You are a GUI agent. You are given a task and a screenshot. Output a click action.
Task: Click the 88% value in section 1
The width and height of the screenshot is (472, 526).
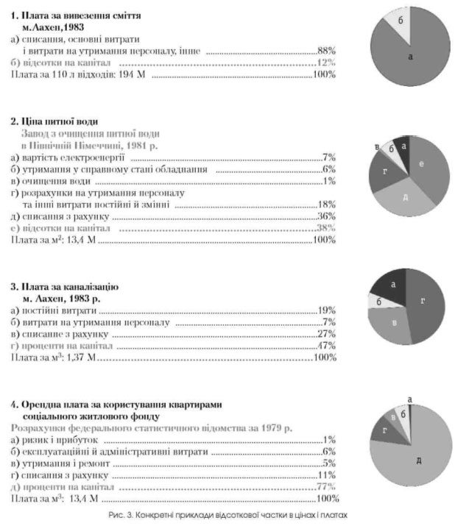326,52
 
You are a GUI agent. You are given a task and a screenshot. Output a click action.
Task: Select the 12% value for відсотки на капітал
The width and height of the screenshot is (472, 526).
327,64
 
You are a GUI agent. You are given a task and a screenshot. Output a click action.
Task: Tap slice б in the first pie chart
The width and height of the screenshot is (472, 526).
401,21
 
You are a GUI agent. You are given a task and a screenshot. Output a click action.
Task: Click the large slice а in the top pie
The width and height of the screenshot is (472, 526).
409,55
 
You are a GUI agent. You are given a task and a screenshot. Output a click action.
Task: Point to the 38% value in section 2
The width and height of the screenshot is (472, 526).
325,229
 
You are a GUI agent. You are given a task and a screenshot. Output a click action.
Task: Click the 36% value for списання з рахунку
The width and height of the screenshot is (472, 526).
326,217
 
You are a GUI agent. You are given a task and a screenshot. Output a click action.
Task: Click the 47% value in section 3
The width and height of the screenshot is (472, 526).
325,346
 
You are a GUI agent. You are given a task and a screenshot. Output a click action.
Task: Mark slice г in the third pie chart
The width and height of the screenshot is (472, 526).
423,300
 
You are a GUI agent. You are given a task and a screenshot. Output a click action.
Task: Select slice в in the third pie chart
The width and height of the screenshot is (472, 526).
395,323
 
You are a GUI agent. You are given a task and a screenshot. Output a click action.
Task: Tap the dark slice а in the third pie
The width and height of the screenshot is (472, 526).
393,283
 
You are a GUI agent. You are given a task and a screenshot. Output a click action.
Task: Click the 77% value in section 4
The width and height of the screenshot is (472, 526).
325,487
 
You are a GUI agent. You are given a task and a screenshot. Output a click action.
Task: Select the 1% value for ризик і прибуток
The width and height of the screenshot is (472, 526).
328,440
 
